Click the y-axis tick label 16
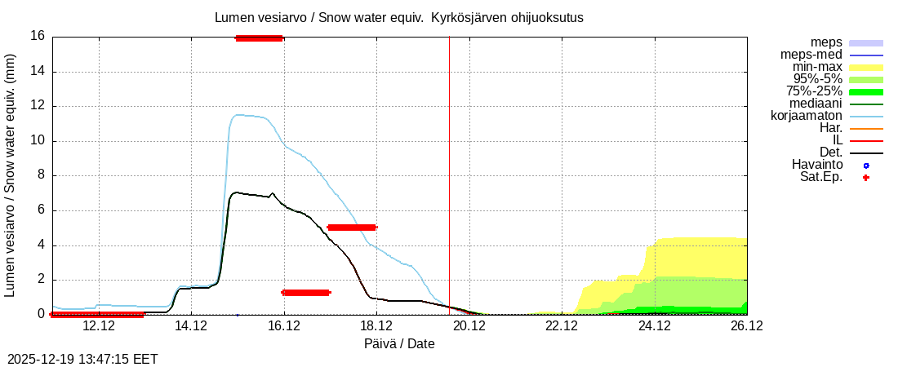point(37,36)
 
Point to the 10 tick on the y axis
point(37,140)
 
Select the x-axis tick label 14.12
point(191,326)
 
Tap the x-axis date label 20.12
point(469,326)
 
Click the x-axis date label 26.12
point(747,326)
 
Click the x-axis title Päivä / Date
point(399,344)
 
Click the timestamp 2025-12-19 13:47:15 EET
point(82,359)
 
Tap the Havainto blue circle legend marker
point(866,165)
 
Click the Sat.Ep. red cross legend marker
point(866,177)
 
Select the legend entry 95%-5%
point(814,78)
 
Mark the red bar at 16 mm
point(259,38)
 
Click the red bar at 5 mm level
point(351,228)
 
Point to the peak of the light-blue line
point(238,115)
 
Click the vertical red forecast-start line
point(449,163)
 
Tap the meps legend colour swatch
point(866,42)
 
